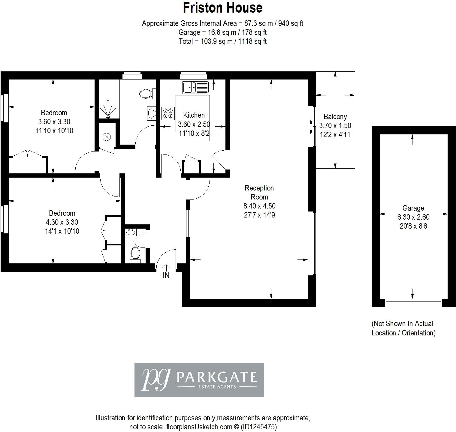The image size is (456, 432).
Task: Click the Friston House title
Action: click(x=222, y=8)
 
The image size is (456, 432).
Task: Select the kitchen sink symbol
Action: click(x=195, y=87)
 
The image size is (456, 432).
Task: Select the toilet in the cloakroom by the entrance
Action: click(x=135, y=254)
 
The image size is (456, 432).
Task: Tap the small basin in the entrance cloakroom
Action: click(x=131, y=232)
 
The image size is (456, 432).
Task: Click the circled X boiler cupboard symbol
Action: click(x=106, y=137)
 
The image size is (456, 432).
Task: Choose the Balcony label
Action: click(x=335, y=117)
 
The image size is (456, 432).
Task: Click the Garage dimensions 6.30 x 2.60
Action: click(x=413, y=217)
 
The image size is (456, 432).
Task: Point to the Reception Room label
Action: click(x=259, y=192)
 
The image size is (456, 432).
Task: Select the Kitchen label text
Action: click(x=194, y=115)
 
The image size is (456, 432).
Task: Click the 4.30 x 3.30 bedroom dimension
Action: click(x=62, y=222)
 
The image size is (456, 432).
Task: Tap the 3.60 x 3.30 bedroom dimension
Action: click(x=54, y=121)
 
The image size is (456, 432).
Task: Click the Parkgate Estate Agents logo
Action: click(x=199, y=380)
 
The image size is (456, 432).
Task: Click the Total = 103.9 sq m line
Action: click(x=222, y=41)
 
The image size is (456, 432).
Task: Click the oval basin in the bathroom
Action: click(x=151, y=113)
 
